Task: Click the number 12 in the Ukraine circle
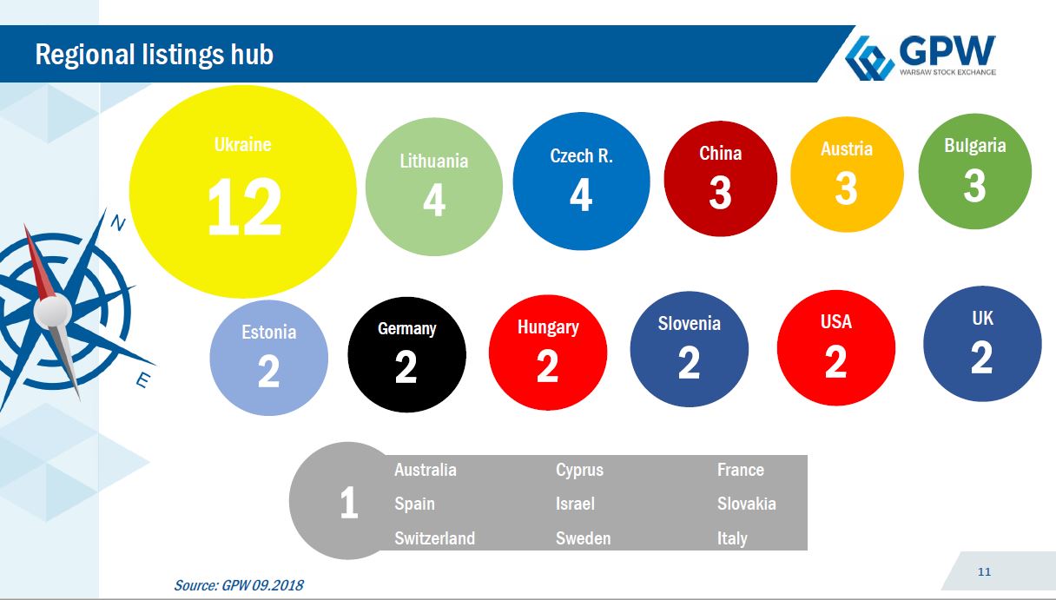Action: coord(245,207)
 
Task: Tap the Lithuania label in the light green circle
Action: coord(433,162)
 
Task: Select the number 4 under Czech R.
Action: coord(581,195)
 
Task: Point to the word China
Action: coord(720,153)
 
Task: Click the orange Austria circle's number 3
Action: coord(846,188)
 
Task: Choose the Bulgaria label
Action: coord(975,146)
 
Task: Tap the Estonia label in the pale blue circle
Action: coord(268,333)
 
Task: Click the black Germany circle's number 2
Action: coord(406,366)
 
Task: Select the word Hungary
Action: coord(548,327)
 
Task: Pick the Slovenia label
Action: coord(690,323)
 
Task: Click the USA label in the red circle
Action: coord(835,321)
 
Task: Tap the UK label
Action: coord(982,318)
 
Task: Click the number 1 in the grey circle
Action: coord(349,503)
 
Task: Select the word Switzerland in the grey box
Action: coord(435,538)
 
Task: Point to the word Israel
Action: coord(575,504)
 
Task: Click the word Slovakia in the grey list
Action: coord(747,504)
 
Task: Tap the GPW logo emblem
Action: coord(869,58)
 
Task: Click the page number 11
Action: coord(984,571)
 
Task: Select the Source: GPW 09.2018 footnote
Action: coord(239,585)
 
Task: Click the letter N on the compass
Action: coord(118,223)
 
